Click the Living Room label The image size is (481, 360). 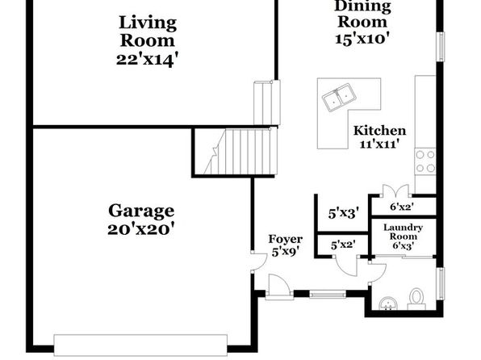coord(148,31)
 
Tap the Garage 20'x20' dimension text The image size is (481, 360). coord(141,229)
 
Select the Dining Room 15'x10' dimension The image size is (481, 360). coord(362,39)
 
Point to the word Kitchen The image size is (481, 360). coord(379,131)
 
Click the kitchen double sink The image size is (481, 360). coord(339,98)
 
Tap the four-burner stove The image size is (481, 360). coord(425,161)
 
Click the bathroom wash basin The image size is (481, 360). coord(388,303)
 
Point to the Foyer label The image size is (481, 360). coord(285,239)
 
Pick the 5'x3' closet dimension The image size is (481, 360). coord(344,213)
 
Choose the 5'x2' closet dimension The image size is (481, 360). coord(343,245)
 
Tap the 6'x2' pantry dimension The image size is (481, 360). coord(402,207)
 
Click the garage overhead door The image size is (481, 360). coord(140,345)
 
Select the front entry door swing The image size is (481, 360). coord(278,286)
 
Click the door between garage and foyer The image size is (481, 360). coord(258,262)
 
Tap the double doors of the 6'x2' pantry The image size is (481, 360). coord(395,190)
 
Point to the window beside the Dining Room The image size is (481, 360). coord(441,47)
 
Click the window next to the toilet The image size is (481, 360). coord(441,284)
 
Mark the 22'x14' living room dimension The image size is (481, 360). coord(147,60)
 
